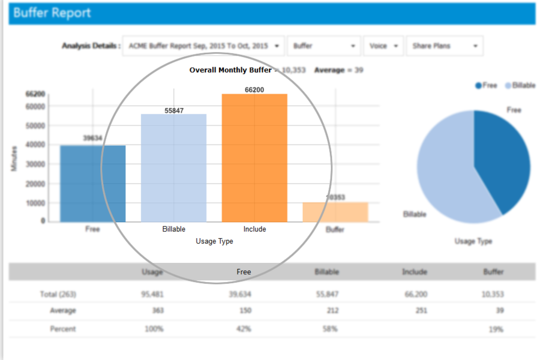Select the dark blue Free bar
click(x=92, y=183)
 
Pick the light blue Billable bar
click(x=173, y=168)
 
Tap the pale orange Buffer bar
click(x=335, y=212)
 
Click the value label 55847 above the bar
click(x=174, y=110)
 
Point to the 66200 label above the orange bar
click(x=254, y=90)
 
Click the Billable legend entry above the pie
click(x=520, y=86)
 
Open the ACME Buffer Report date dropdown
click(x=203, y=46)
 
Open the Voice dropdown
click(x=383, y=46)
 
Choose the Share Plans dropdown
click(x=444, y=46)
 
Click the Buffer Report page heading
click(x=52, y=13)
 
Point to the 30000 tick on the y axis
click(x=35, y=164)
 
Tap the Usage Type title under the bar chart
click(x=214, y=241)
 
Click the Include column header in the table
click(x=414, y=272)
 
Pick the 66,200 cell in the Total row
click(x=414, y=295)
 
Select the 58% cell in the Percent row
click(x=329, y=329)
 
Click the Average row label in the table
click(x=63, y=311)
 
